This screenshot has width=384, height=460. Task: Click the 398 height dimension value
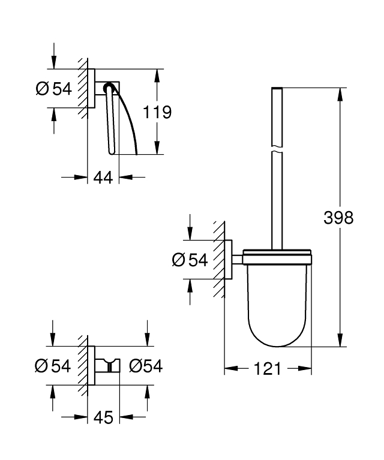(x=338, y=217)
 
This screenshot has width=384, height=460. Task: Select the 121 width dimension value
(x=267, y=369)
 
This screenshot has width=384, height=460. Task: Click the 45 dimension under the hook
(x=103, y=418)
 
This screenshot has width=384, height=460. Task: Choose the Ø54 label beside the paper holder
(x=53, y=89)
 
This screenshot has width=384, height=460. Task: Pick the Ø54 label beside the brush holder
(x=190, y=260)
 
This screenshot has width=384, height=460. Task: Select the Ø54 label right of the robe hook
(x=146, y=365)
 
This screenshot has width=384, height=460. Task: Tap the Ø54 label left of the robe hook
(x=53, y=365)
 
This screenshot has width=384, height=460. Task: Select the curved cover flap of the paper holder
(x=129, y=120)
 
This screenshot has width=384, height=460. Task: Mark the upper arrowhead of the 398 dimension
(x=341, y=94)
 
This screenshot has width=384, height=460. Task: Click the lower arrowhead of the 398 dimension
(x=341, y=341)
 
